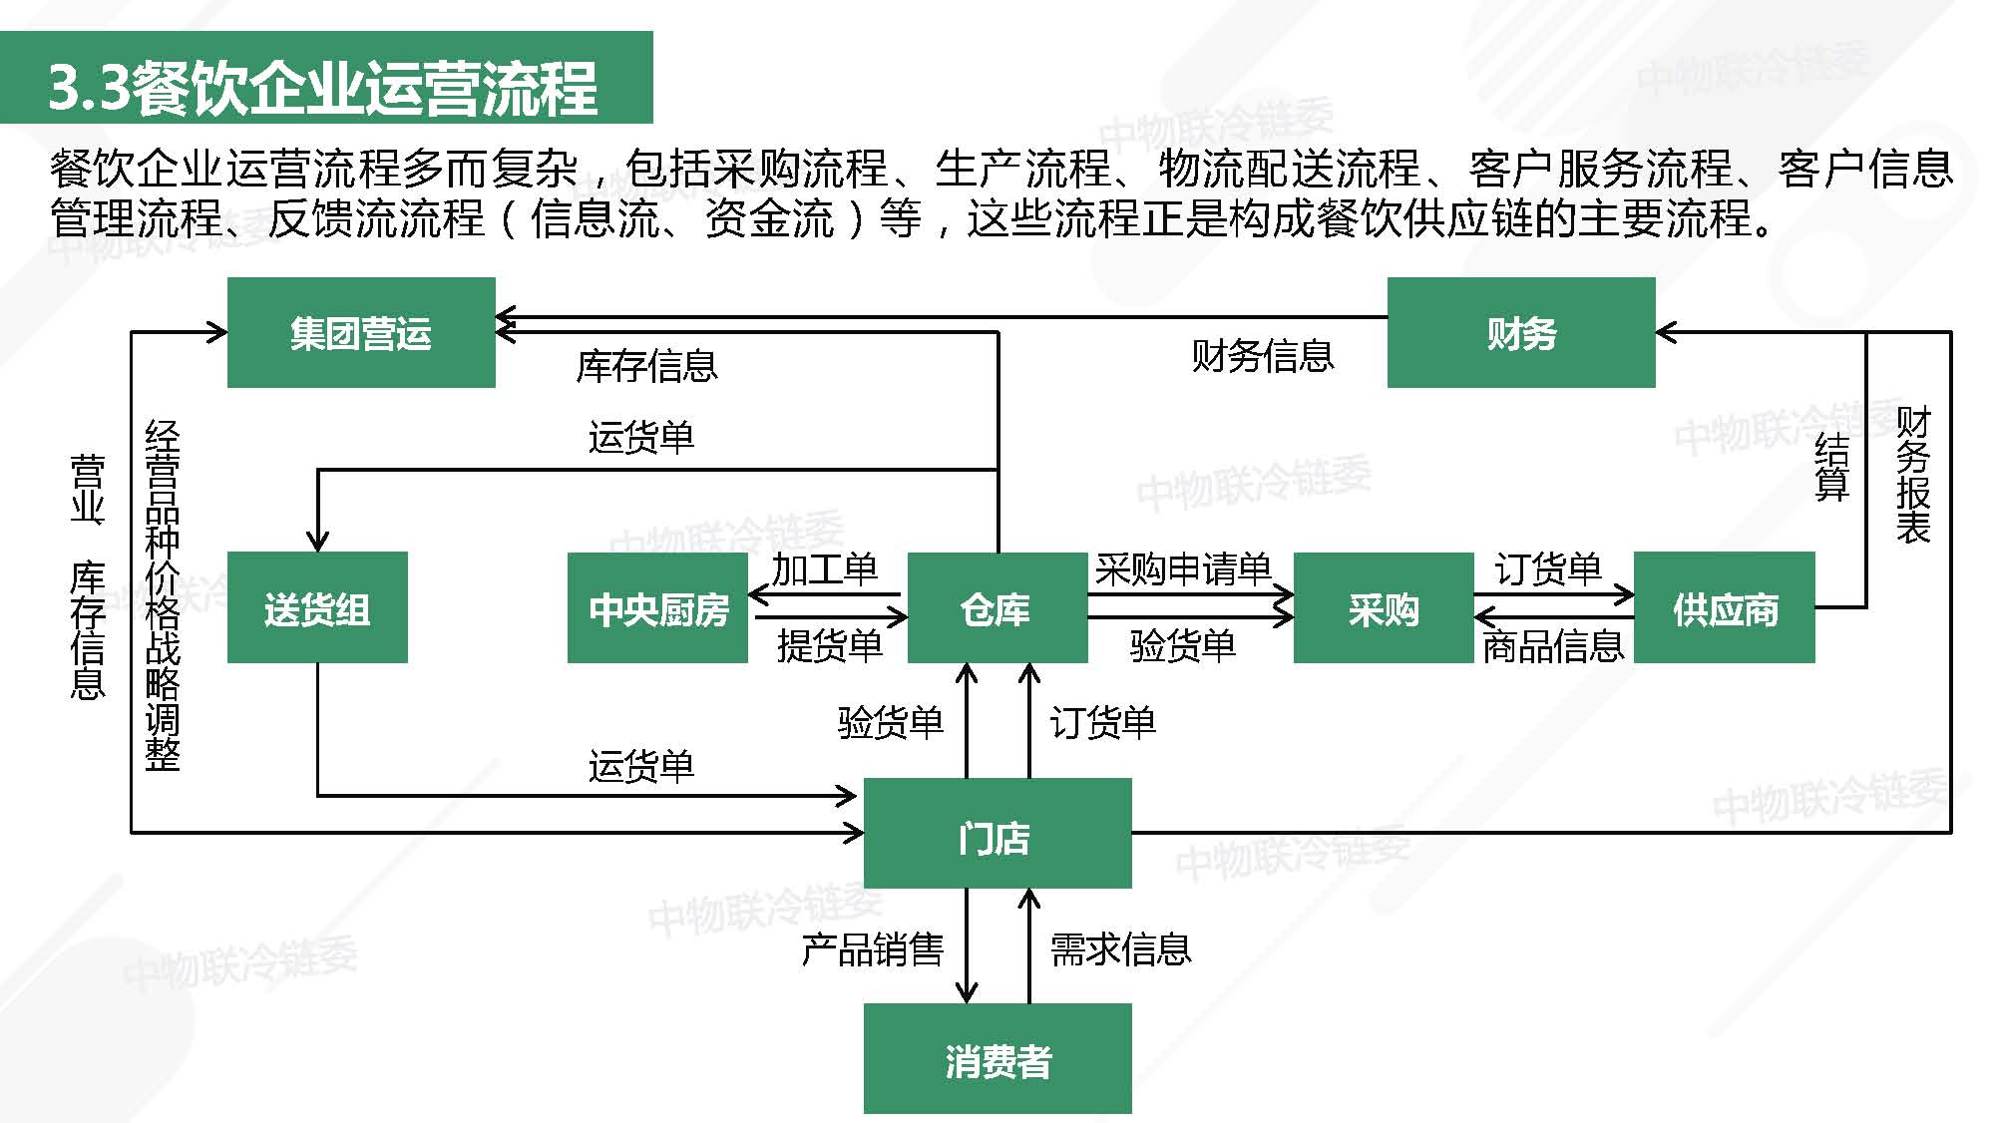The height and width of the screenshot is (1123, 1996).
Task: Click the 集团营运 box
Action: coord(361,332)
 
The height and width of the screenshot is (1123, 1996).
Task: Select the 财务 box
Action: coord(1520,332)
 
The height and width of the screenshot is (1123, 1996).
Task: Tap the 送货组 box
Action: coord(317,607)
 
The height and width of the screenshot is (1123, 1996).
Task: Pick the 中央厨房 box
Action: coord(657,607)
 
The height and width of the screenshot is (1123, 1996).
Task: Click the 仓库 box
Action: coord(997,607)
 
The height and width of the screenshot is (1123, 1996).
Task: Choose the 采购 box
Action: coord(1383,607)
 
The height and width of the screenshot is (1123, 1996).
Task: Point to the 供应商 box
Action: coord(1724,607)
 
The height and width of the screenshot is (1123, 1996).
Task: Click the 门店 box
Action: coord(997,834)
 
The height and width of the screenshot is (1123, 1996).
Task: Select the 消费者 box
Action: coord(997,1059)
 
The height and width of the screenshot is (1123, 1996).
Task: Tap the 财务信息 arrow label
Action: coord(1262,356)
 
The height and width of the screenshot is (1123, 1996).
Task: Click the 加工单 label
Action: coord(824,569)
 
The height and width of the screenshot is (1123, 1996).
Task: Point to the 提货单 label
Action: coord(830,646)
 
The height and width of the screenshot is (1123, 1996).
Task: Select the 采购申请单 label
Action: coord(1182,569)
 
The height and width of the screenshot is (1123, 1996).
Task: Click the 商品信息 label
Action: coord(1553,647)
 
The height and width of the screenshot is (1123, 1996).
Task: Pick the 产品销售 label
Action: coord(873,949)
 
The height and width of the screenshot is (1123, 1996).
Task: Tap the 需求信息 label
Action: coord(1120,949)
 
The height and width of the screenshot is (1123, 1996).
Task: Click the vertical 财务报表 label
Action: coord(1913,475)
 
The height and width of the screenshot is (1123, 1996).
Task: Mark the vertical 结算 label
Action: coord(1832,466)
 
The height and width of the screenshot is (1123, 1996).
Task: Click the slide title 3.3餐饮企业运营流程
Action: coord(323,88)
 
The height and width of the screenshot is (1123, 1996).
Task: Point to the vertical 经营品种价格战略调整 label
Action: coord(163,595)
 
